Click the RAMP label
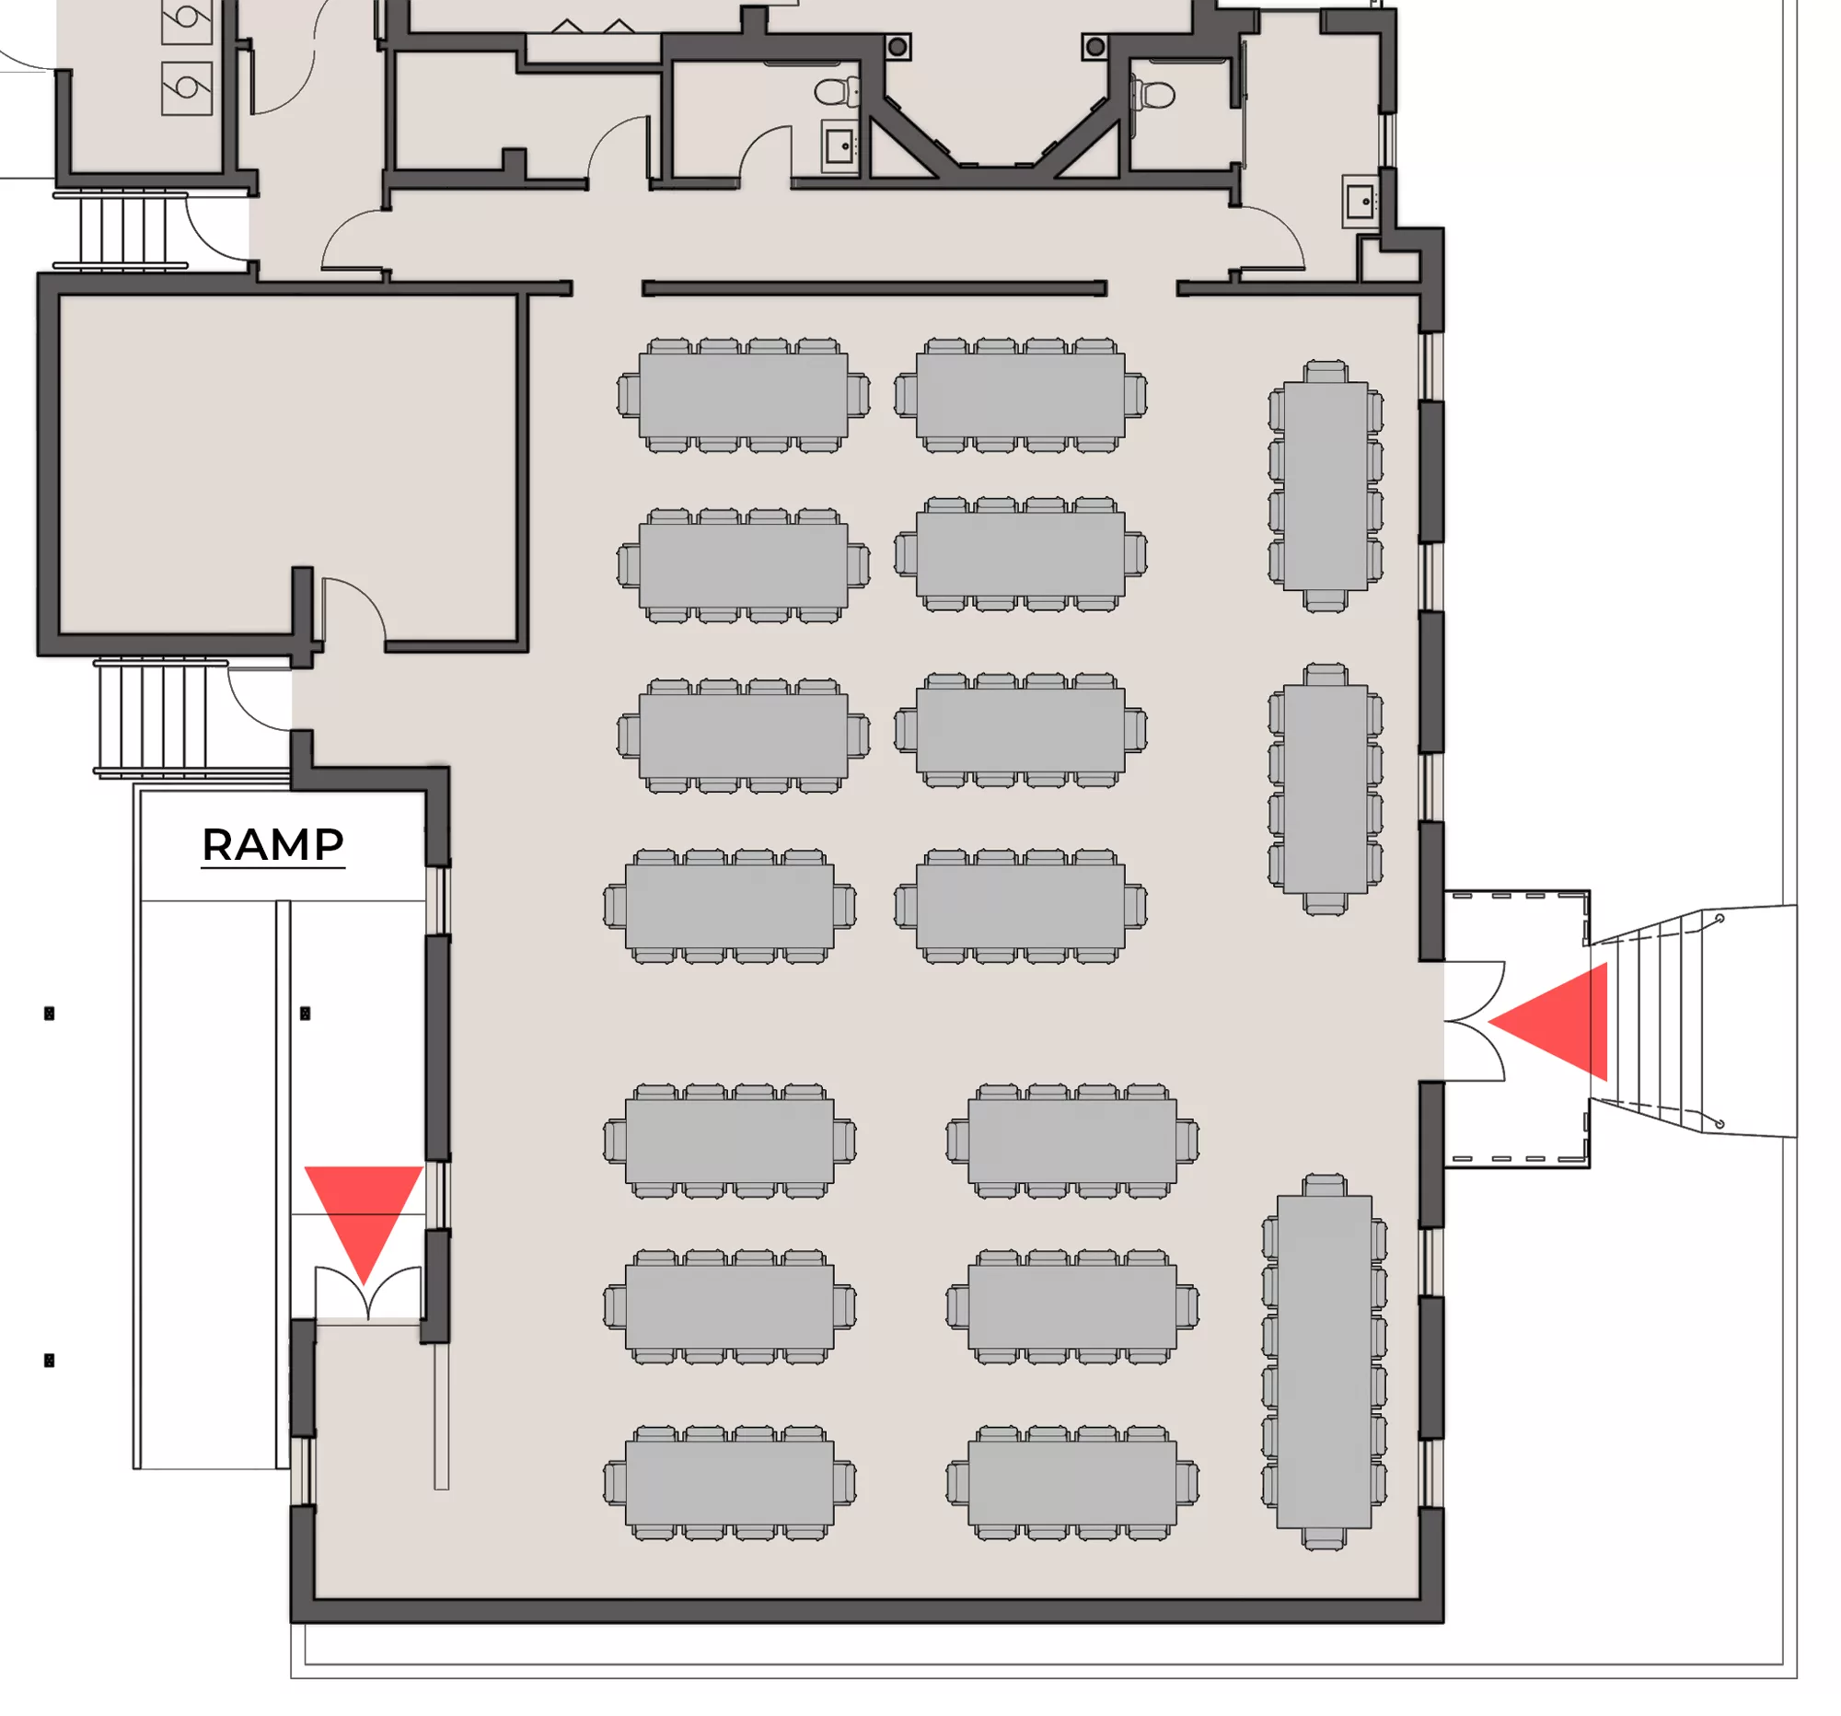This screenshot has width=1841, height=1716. pyautogui.click(x=273, y=844)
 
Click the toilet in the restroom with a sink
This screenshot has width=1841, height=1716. pyautogui.click(x=836, y=92)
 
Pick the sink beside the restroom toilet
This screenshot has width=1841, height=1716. pyautogui.click(x=839, y=147)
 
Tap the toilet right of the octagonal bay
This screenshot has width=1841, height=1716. pyautogui.click(x=1154, y=94)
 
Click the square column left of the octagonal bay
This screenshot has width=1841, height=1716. pyautogui.click(x=897, y=46)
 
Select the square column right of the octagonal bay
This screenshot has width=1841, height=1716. pyautogui.click(x=1095, y=46)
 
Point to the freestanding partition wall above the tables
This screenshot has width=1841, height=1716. pyautogui.click(x=874, y=289)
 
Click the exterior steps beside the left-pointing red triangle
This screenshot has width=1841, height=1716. pyautogui.click(x=1658, y=1022)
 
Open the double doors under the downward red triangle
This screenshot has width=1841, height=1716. pyautogui.click(x=367, y=1289)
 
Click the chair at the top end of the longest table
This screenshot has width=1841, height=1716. pyautogui.click(x=1325, y=1186)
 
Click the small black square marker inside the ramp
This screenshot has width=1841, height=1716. pyautogui.click(x=305, y=1013)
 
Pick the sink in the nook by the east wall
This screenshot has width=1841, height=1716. pyautogui.click(x=1360, y=201)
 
